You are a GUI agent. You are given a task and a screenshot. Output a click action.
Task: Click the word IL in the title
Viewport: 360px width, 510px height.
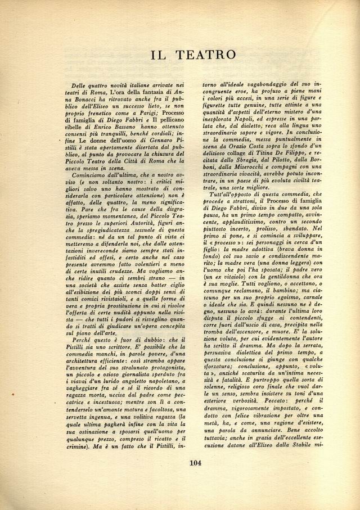(159, 55)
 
